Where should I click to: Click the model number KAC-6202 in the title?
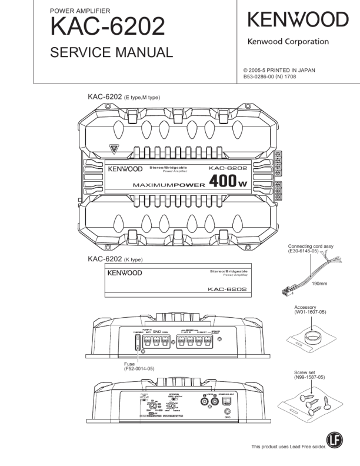[x=107, y=26]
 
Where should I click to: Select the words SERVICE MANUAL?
[x=111, y=52]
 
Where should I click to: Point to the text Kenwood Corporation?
[x=288, y=42]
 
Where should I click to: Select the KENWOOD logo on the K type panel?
[x=124, y=274]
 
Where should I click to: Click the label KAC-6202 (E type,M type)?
[x=124, y=96]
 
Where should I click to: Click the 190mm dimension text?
[x=319, y=284]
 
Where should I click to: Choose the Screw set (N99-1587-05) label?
[x=309, y=375]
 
